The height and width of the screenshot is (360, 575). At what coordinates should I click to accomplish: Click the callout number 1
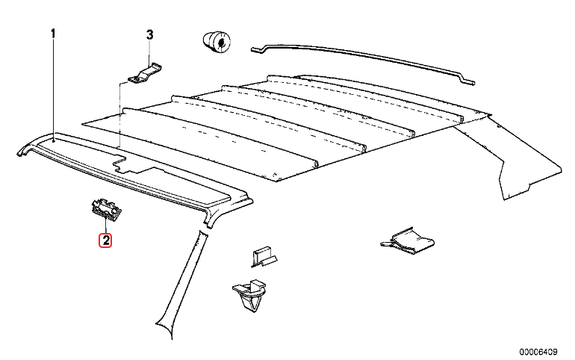[x=53, y=34]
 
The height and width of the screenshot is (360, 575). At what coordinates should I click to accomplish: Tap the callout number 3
[x=149, y=35]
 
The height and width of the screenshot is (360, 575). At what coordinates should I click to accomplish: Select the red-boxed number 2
[x=106, y=240]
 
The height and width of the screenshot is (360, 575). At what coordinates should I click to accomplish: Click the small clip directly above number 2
[x=105, y=210]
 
